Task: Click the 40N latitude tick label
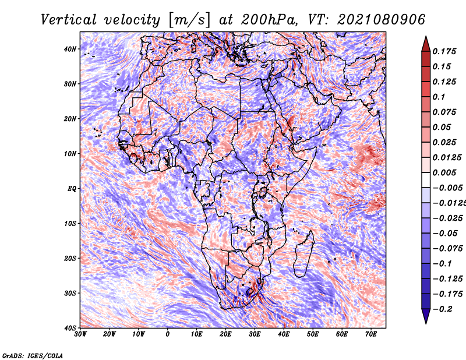(70, 49)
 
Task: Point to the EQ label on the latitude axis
(72, 189)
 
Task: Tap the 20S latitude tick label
(70, 258)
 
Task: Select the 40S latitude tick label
(70, 328)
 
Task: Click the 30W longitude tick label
(80, 334)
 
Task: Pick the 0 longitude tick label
(168, 334)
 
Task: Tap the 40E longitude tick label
(284, 334)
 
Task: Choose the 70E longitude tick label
(371, 334)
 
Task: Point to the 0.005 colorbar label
(444, 172)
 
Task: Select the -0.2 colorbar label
(442, 309)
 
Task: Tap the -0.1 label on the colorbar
(442, 263)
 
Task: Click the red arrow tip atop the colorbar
(426, 37)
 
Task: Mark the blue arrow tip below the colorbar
(426, 323)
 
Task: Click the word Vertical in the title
(69, 20)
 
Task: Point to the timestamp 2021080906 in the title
(381, 20)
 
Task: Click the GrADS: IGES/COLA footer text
(33, 355)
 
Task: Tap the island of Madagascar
(305, 254)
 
